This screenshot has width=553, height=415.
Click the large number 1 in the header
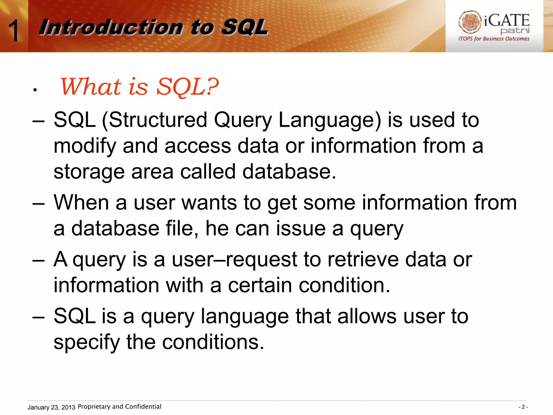pos(13,31)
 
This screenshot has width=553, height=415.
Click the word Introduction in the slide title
pos(111,27)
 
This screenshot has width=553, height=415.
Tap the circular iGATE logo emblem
pos(470,22)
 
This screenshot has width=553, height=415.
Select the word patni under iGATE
pos(515,31)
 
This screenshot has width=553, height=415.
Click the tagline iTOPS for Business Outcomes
pos(494,39)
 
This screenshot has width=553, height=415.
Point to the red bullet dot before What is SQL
pos(35,90)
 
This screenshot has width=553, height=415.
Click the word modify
pos(85,146)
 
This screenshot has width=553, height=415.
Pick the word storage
pos(89,172)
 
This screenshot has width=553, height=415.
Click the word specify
pos(86,342)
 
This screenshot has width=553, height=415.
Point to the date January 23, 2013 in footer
pos(51,407)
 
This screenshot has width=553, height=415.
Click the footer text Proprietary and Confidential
pos(119,407)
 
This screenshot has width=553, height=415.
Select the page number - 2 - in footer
pos(523,407)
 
